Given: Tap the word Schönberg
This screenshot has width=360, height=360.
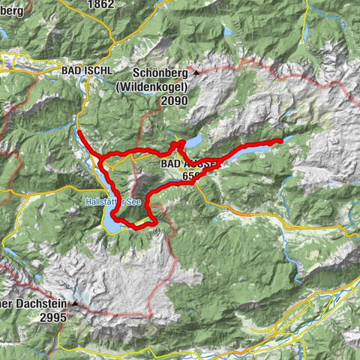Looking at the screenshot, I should click(x=160, y=73).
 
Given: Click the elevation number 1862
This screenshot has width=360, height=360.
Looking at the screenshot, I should click(x=102, y=4).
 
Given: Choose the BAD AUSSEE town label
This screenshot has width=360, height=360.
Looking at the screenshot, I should click(x=189, y=163).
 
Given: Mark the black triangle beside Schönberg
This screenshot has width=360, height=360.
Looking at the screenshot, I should click(x=196, y=73).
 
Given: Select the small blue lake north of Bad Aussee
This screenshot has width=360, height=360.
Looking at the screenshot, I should click(x=193, y=141).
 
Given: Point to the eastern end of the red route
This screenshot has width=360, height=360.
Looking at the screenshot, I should click(x=279, y=140).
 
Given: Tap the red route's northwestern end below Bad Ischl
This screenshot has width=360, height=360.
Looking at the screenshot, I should click(x=79, y=133).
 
